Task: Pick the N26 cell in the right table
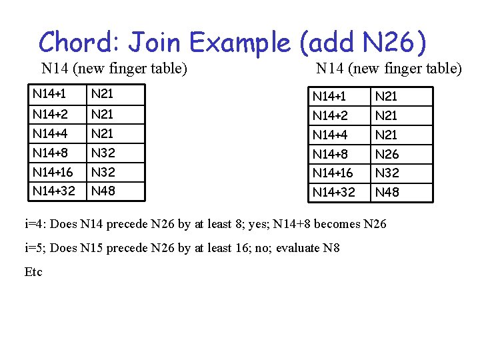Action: (387, 154)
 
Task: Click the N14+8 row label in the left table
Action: (51, 153)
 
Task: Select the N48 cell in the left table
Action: (103, 191)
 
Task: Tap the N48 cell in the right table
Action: (387, 193)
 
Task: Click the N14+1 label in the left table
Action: (49, 95)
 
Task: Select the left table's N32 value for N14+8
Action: (103, 153)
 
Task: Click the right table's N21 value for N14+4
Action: (387, 135)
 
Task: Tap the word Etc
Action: (33, 271)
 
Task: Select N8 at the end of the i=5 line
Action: (331, 248)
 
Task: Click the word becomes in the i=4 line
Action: (331, 224)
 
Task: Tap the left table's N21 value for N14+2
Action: (103, 114)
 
